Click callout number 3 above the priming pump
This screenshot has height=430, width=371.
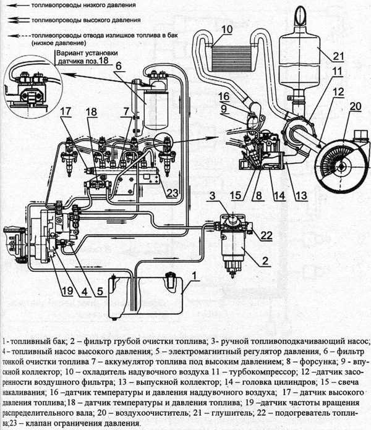[x=211, y=197]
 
